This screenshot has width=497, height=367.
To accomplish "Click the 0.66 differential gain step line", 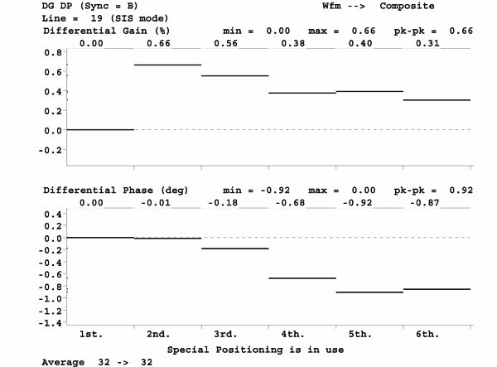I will [168, 65].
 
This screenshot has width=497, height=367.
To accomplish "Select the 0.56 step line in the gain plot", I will [235, 75].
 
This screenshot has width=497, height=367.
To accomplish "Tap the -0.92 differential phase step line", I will [369, 292].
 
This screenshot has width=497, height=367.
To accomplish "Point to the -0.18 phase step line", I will [235, 249].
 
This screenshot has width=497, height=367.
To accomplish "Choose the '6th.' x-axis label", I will [427, 335].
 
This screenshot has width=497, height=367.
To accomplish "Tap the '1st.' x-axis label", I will [91, 335].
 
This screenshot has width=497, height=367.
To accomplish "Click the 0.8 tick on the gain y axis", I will [52, 51].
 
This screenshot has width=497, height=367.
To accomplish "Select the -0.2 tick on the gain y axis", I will [49, 150].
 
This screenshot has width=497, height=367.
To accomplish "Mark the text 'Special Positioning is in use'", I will [255, 350].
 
